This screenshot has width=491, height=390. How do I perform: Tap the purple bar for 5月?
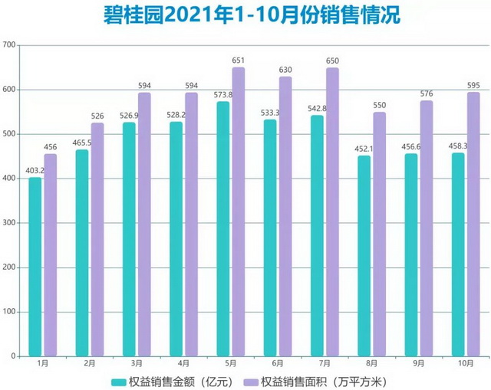click(239, 211)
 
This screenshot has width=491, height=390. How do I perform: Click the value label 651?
click(239, 59)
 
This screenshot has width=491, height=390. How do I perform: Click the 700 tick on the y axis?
click(10, 45)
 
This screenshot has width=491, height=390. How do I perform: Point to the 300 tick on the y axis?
click(10, 223)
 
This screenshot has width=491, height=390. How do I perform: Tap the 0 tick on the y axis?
click(15, 356)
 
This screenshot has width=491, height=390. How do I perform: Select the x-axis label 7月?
click(325, 364)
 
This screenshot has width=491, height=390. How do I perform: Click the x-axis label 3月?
click(137, 364)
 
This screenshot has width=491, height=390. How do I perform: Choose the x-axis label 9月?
click(418, 364)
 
